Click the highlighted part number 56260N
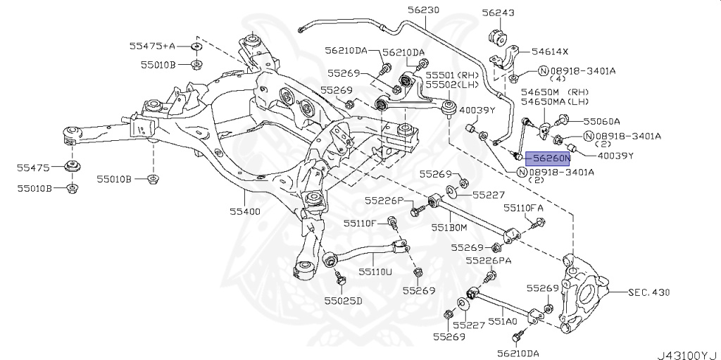(551, 160)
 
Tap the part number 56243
(498, 13)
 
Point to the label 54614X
(550, 51)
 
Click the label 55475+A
(151, 46)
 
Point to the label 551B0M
(449, 228)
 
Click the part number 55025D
(343, 301)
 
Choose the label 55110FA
(523, 209)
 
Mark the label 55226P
(384, 201)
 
